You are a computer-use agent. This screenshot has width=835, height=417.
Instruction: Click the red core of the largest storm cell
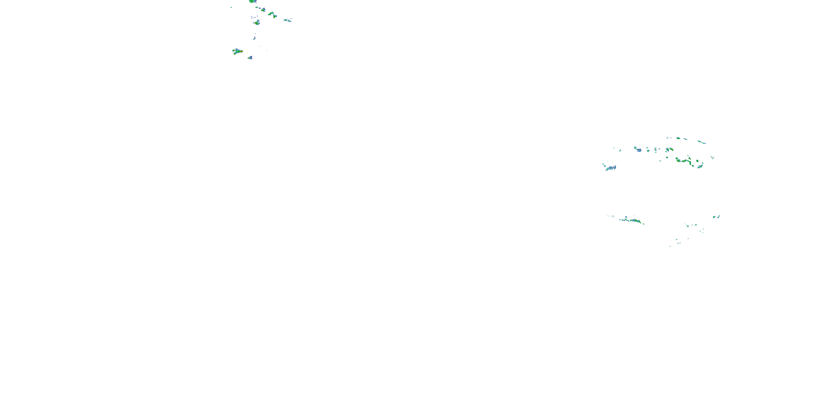point(241,51)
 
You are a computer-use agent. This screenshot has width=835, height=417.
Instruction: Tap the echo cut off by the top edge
point(252,1)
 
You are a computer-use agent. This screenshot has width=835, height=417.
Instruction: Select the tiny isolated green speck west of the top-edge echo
point(231,7)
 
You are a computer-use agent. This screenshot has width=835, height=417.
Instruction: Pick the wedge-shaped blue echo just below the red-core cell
point(250,58)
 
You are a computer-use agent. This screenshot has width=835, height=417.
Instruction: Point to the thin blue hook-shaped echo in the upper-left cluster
point(254,38)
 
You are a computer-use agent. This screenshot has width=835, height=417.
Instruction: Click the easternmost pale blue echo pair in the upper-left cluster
point(288,20)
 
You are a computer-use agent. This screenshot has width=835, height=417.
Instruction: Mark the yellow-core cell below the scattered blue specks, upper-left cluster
point(257,23)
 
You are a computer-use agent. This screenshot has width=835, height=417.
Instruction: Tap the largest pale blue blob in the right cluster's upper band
point(638,150)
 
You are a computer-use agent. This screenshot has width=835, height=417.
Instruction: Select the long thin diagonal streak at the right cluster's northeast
point(702,142)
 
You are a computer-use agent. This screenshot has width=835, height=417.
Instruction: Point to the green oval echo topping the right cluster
point(678,138)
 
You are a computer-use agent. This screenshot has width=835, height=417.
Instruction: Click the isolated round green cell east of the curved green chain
point(697,161)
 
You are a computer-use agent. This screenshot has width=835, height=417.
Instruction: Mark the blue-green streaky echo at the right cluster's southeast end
point(700,166)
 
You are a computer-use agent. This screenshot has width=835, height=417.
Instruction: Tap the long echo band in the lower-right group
point(632,220)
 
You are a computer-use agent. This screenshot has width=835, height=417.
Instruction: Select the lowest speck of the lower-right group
point(670,246)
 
